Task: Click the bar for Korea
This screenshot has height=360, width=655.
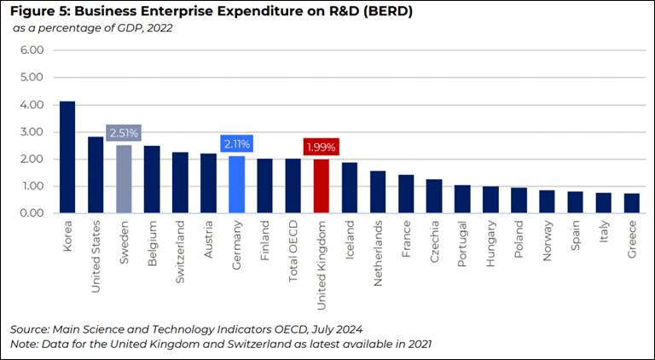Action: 67,157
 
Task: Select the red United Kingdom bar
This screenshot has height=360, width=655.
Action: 321,186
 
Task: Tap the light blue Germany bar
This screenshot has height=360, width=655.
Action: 236,184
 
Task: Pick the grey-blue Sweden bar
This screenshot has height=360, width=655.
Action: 124,179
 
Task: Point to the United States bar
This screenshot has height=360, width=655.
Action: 96,175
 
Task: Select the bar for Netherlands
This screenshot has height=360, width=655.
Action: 378,192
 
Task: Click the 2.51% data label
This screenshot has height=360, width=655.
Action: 124,133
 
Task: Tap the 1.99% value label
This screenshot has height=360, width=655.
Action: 321,147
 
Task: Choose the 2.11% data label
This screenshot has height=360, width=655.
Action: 236,143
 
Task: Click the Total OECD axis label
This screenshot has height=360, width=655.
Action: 293,253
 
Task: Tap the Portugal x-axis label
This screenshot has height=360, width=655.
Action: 462,247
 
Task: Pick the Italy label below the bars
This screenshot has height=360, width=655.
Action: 604,238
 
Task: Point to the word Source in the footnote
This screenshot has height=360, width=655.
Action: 30,328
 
